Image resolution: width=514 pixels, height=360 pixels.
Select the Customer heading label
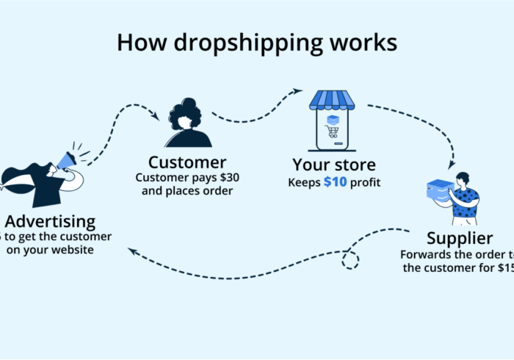pos(187,162)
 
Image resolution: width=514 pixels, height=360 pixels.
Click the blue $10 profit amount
pos(337,181)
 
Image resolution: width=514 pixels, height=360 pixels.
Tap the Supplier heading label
pos(460,238)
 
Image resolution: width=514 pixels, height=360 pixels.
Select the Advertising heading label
pos(49,220)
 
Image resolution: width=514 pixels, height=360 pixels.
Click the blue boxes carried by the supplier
pos(440,192)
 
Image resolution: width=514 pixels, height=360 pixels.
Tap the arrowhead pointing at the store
pos(298,92)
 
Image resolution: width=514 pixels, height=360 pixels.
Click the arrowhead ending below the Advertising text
pos(132,251)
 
